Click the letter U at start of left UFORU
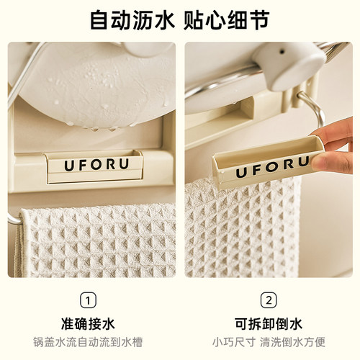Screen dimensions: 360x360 68,165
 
